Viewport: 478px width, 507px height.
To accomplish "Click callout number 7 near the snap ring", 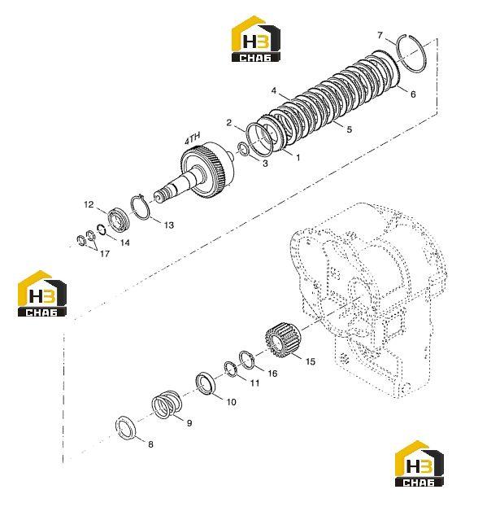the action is point(380,35).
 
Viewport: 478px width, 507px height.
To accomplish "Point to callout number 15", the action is point(310,361).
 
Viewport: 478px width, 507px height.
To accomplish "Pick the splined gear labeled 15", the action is point(283,340).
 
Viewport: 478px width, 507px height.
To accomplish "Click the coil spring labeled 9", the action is point(167,404).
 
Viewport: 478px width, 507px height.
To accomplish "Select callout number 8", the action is point(150,444).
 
